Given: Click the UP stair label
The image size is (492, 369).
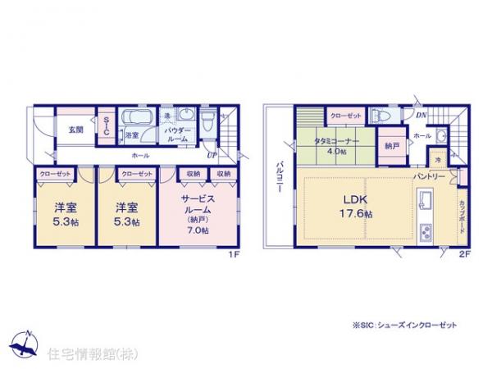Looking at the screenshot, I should click(x=212, y=154).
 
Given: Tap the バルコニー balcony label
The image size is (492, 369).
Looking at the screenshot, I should click(x=280, y=175).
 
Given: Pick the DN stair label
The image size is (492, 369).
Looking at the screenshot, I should click(x=420, y=115).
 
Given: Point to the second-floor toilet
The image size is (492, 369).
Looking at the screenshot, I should click(x=377, y=116).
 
